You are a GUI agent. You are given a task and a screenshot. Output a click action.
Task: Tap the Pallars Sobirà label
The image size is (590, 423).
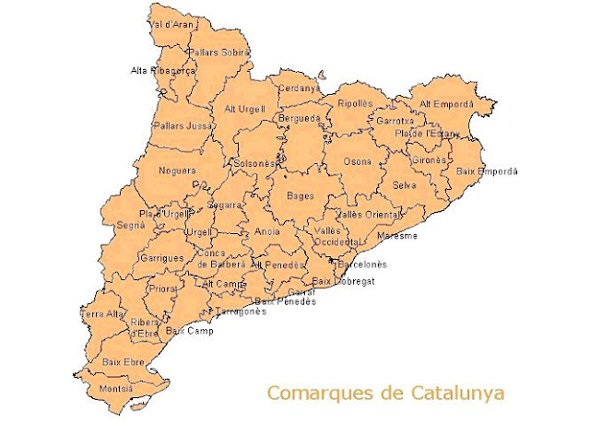click(218, 53)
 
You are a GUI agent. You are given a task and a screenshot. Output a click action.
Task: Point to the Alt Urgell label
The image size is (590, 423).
click(244, 109)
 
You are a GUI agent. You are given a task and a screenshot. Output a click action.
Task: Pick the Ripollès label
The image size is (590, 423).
click(355, 103)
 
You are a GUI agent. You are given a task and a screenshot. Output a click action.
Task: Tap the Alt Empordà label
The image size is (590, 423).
click(447, 103)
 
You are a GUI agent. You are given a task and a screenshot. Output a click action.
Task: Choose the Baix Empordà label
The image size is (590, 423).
click(487, 171)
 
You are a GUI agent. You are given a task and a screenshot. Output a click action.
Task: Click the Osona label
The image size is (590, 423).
click(358, 162)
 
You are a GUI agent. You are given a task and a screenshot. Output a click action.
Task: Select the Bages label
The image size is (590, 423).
click(301, 195)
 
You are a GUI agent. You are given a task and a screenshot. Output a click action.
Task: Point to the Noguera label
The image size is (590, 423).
click(178, 170)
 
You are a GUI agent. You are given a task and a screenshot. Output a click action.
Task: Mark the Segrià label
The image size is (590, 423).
click(131, 225)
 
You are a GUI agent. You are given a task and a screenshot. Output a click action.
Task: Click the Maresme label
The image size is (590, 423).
click(397, 236)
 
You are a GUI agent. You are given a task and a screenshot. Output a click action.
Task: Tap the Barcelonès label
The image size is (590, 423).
click(361, 264)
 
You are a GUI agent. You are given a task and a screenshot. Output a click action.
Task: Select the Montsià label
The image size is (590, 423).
click(117, 389)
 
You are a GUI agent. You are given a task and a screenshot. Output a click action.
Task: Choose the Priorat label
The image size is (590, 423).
click(162, 288)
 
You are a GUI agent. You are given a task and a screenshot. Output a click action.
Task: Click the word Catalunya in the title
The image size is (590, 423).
click(452, 394)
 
